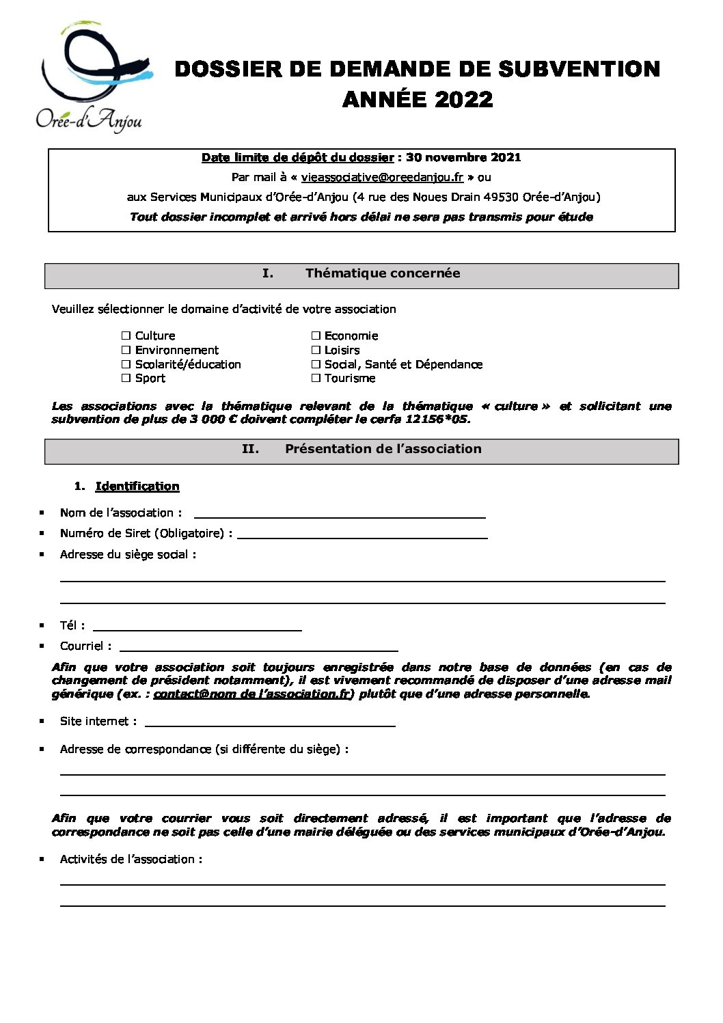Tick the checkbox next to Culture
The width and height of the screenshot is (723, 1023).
[x=126, y=336]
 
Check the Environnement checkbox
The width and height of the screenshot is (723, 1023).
[x=126, y=350]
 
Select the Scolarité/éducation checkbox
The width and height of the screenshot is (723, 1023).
[x=126, y=364]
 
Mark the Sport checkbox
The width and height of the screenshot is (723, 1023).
[x=126, y=378]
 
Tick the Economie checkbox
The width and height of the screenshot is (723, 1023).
[x=316, y=336]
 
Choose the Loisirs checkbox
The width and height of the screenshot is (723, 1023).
[x=316, y=350]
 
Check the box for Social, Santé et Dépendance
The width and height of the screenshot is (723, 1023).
[x=316, y=364]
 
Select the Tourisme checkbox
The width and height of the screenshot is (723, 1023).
[x=316, y=378]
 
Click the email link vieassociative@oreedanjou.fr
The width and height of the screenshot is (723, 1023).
[x=382, y=177]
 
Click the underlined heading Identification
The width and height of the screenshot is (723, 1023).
[x=137, y=486]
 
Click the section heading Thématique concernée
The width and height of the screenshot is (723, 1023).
[x=383, y=273]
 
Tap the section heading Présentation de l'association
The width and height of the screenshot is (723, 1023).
[x=383, y=449]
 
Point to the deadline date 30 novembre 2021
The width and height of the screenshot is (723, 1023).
[x=463, y=157]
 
